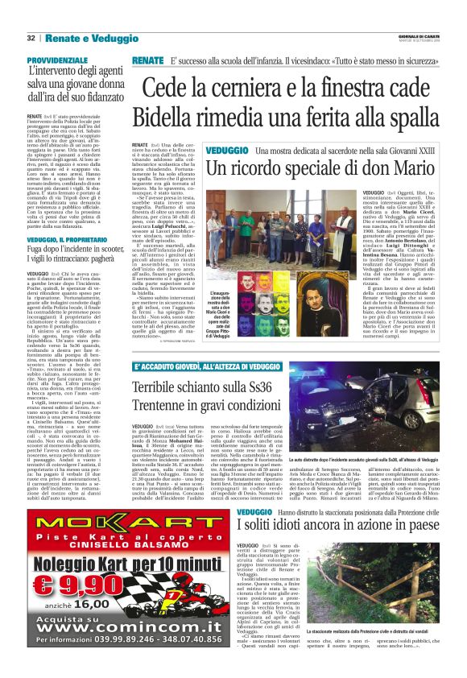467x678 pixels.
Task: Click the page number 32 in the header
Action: pos(31,38)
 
